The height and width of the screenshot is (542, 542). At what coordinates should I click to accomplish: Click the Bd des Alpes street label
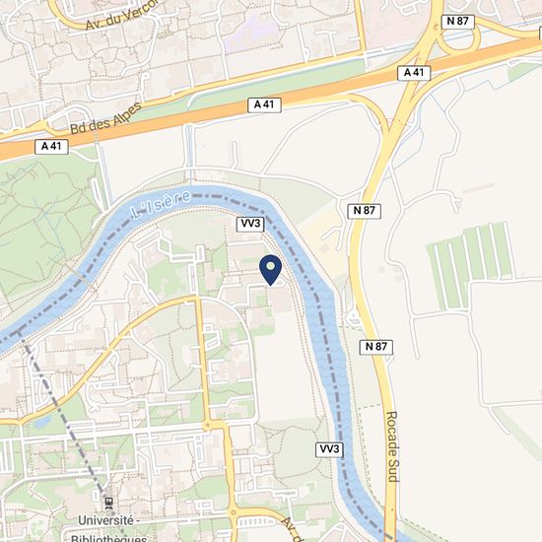pyautogui.click(x=106, y=115)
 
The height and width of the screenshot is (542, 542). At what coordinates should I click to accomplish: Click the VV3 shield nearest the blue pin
pyautogui.click(x=250, y=224)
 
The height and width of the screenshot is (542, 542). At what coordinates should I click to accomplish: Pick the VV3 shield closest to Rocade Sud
pyautogui.click(x=329, y=449)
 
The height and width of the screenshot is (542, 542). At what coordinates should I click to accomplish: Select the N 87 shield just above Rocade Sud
pyautogui.click(x=375, y=347)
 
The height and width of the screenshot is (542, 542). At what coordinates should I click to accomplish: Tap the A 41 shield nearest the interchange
pyautogui.click(x=413, y=73)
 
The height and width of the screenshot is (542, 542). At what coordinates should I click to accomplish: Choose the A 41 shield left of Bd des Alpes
pyautogui.click(x=52, y=146)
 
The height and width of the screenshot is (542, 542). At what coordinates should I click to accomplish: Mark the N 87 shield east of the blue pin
pyautogui.click(x=362, y=211)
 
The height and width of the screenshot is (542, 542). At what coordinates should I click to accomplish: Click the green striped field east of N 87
pyautogui.click(x=470, y=264)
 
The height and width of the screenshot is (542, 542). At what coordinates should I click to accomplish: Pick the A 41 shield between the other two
pyautogui.click(x=262, y=103)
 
